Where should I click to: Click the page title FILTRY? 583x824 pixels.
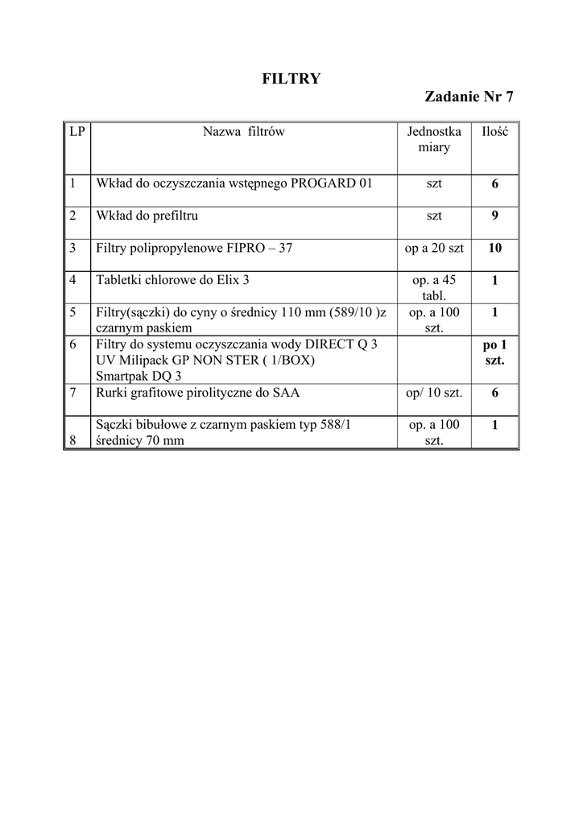point(291,78)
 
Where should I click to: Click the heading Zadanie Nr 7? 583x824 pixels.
point(469,97)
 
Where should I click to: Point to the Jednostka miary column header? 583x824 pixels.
point(434,139)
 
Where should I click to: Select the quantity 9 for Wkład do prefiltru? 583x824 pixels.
point(494,216)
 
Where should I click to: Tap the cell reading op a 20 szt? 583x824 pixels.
point(434,248)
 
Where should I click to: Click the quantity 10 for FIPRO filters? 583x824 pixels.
point(494,248)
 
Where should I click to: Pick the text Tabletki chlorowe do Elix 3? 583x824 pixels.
point(173,280)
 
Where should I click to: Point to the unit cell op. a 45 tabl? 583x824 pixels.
point(434,287)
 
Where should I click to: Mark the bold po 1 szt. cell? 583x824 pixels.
point(494,352)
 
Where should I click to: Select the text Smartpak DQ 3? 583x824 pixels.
point(139,375)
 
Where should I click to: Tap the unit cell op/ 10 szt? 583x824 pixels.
point(434,393)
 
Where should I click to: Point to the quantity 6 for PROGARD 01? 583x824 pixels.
point(494,183)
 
